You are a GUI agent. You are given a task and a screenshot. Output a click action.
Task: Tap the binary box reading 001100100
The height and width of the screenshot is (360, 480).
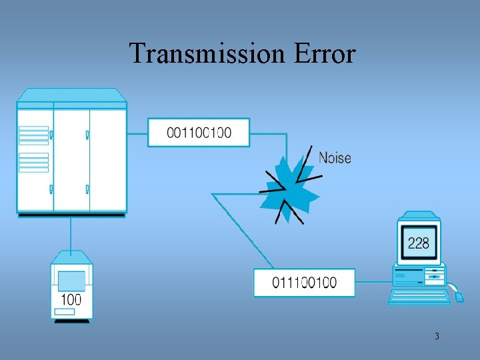[x=199, y=133]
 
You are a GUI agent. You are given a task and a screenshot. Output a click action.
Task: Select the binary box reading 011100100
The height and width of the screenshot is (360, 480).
[x=304, y=282]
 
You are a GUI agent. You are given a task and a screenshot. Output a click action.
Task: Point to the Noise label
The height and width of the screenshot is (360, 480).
[x=335, y=158]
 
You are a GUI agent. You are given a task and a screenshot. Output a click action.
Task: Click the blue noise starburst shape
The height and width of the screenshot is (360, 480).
[x=291, y=183]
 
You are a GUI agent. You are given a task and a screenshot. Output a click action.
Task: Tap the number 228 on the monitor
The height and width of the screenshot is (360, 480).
[x=418, y=243]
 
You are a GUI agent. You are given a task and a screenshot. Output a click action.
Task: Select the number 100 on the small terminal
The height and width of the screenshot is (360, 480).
[x=71, y=299]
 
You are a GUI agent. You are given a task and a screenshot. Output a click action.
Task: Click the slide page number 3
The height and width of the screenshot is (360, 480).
[x=437, y=336]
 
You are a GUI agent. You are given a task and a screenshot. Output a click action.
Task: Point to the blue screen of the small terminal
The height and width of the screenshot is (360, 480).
[x=71, y=281]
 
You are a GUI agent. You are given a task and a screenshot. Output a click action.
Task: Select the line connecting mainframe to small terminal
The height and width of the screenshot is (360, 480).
[x=71, y=233]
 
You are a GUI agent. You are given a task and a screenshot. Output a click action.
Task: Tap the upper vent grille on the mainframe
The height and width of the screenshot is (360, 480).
[x=33, y=135]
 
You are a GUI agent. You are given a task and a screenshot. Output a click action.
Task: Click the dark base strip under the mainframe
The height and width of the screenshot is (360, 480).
[x=71, y=215]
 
